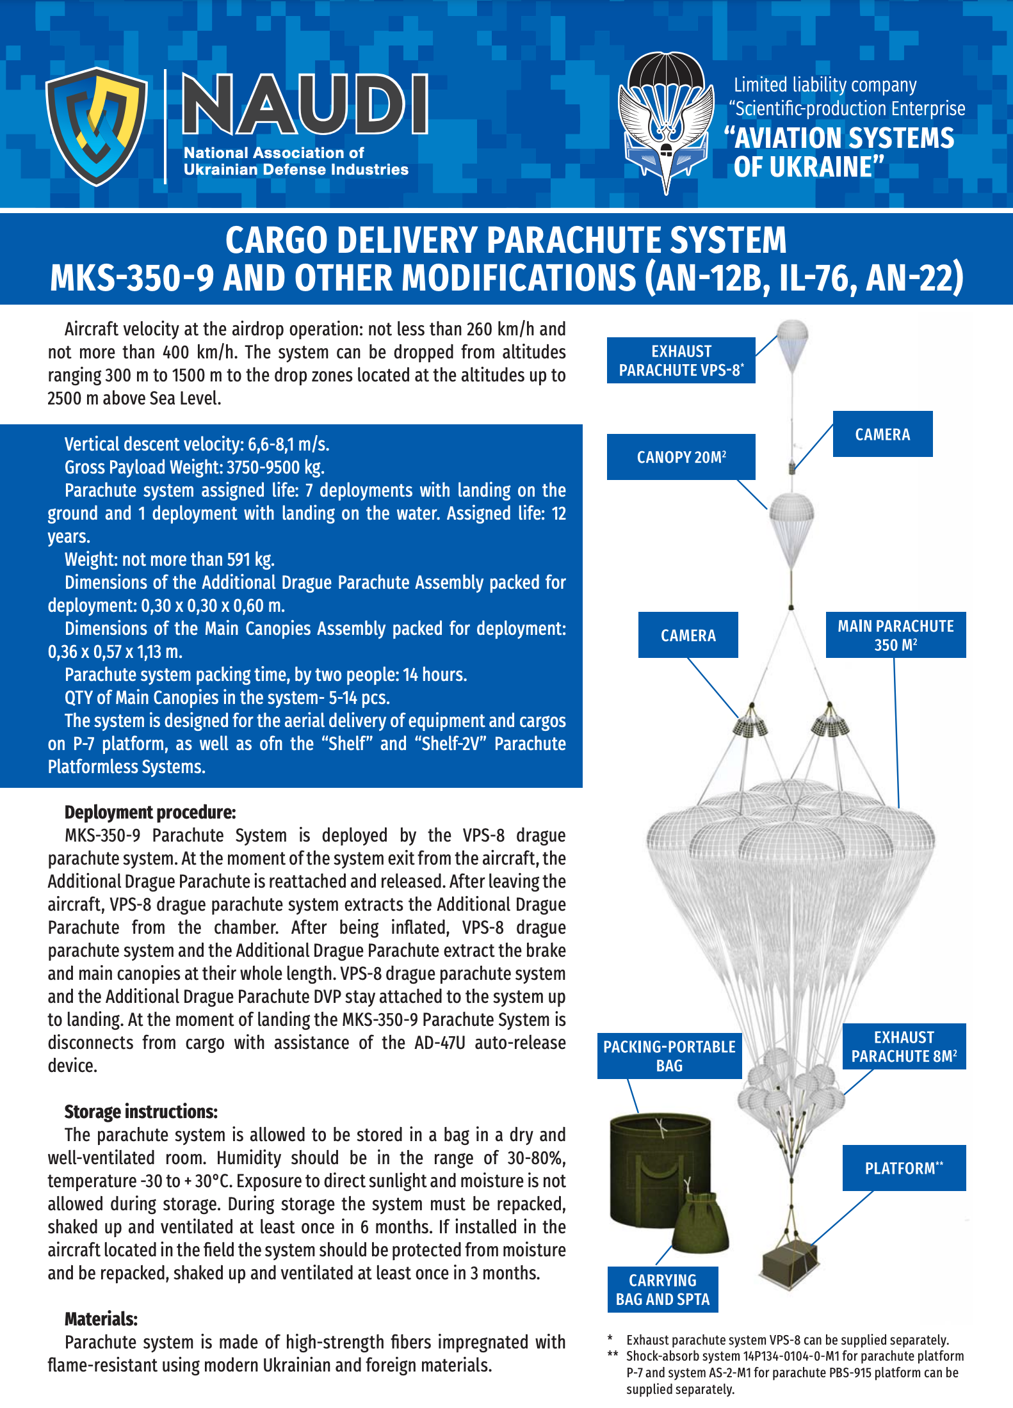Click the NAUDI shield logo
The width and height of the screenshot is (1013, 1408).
coord(97,126)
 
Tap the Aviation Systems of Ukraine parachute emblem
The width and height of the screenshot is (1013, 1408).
coord(666,122)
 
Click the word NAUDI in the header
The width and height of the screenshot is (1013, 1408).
coord(305,104)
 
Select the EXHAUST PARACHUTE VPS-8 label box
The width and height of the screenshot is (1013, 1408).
coord(681,360)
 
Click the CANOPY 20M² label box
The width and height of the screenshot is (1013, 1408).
coord(681,457)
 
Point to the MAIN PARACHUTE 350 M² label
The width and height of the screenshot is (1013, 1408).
coord(895,635)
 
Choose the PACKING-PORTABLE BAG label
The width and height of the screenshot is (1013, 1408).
coord(669,1056)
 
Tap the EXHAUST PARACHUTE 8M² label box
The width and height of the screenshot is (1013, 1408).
coord(904,1046)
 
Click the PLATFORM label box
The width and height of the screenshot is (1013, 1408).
coord(904,1168)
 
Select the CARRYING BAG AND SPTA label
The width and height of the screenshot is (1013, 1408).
coord(663,1290)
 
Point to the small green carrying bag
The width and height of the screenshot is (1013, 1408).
coord(702,1222)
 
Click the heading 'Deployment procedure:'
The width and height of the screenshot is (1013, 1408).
coord(150,812)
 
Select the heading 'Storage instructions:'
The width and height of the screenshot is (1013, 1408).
coord(141,1112)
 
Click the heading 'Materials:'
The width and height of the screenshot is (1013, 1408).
coord(101,1319)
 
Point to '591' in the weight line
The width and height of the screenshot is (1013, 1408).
coord(238,559)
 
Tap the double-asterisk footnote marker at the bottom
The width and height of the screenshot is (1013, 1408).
coord(613,1355)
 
